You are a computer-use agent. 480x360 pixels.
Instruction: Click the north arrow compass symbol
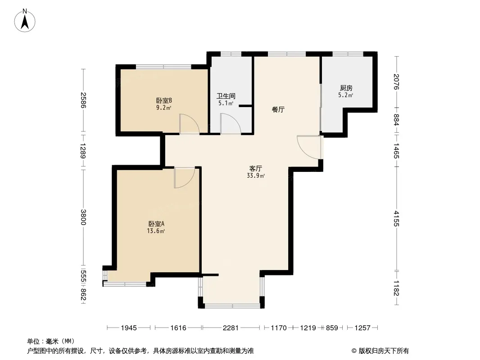pyautogui.click(x=25, y=21)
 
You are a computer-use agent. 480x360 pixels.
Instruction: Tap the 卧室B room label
pyautogui.click(x=164, y=101)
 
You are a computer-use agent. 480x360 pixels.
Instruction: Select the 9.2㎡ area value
pyautogui.click(x=163, y=108)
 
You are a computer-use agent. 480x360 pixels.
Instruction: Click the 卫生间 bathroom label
pyautogui.click(x=226, y=96)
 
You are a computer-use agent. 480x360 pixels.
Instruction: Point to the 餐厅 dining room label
pyautogui.click(x=278, y=109)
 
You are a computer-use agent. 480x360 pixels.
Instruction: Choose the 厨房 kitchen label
pyautogui.click(x=346, y=88)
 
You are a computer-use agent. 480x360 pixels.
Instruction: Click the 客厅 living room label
pyautogui.click(x=256, y=169)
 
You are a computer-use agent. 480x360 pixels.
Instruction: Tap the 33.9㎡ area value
pyautogui.click(x=256, y=176)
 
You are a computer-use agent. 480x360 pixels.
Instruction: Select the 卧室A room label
pyautogui.click(x=156, y=224)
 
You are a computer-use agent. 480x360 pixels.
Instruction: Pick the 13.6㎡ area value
pyautogui.click(x=156, y=231)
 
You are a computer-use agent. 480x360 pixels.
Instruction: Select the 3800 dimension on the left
pyautogui.click(x=83, y=217)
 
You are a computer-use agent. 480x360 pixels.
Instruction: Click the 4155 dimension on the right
pyautogui.click(x=397, y=218)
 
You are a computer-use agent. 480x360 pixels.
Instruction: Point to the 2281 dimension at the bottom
pyautogui.click(x=231, y=328)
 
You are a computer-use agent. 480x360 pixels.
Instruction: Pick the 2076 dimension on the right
pyautogui.click(x=397, y=81)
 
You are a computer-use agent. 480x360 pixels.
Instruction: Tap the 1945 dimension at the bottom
pyautogui.click(x=129, y=328)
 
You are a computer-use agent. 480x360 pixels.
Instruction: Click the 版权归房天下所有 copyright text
pyautogui.click(x=384, y=351)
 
